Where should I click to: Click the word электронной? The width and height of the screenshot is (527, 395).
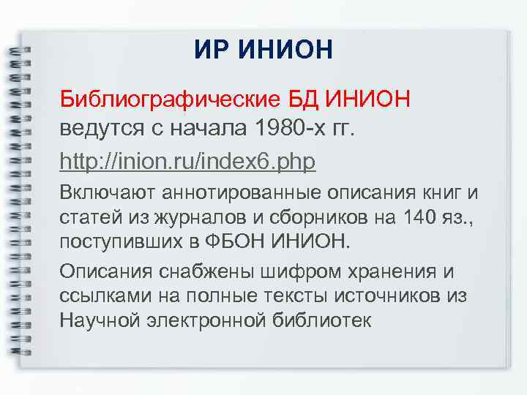click(x=203, y=320)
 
